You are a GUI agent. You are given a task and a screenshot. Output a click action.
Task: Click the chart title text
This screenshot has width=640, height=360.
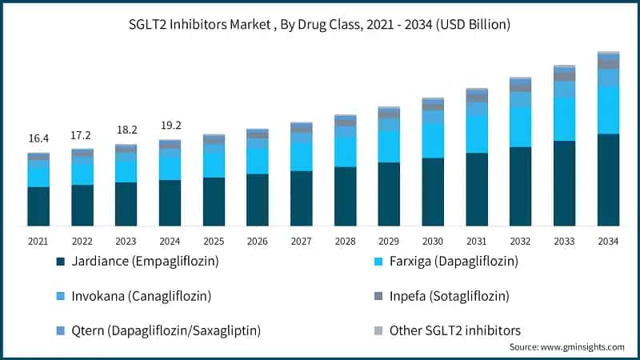point(320,25)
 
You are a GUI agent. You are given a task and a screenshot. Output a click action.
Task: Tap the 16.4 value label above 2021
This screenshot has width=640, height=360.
point(38,138)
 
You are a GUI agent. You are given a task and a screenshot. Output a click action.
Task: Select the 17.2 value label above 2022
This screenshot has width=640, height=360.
point(82,135)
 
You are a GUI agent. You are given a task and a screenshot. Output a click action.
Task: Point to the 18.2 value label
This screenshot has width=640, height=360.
point(126,130)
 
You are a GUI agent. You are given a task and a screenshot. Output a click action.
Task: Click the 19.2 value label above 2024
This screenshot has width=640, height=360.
point(170,125)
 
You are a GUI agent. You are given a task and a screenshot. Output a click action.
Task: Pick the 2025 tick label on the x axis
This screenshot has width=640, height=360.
point(214,240)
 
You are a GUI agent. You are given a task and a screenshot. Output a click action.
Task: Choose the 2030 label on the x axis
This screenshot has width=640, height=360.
point(433,240)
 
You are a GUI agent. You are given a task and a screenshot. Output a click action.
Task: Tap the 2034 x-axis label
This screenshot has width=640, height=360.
point(608,240)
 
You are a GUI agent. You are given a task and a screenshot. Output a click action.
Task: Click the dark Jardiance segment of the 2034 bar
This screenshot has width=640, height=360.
point(608,180)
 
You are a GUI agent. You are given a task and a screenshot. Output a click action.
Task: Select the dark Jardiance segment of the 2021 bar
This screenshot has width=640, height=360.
point(38,206)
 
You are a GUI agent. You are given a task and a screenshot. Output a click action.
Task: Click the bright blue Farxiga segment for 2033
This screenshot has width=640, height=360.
point(564,119)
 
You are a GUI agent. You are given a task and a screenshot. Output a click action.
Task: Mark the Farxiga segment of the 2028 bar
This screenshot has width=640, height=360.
point(345,151)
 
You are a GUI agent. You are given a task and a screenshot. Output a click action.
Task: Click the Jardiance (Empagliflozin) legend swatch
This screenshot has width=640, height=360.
point(61,262)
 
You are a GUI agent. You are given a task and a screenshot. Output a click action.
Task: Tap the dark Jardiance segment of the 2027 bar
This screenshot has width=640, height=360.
point(301,198)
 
